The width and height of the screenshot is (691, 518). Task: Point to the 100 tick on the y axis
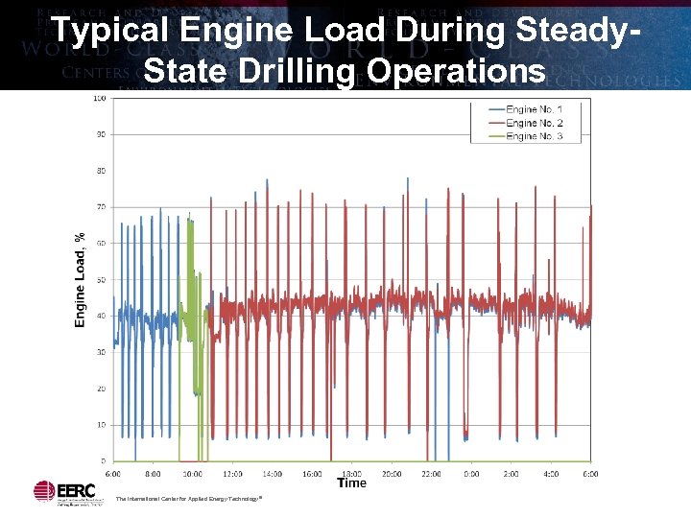coord(100,99)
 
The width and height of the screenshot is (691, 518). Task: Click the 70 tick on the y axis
coord(101,207)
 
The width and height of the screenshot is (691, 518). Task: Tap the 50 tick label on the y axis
coord(101,280)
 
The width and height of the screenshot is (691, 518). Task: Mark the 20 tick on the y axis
coord(101,388)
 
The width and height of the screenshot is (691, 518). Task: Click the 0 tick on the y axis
coord(103,461)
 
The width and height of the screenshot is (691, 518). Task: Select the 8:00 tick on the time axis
coord(153,474)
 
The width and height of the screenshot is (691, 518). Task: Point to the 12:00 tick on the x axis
coord(232,474)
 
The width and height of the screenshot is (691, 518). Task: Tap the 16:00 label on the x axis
coord(312,474)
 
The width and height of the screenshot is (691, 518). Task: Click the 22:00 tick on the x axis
coord(431,474)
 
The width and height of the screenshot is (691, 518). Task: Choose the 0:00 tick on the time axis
coord(471,474)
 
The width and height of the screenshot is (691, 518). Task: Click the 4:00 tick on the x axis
coord(551,474)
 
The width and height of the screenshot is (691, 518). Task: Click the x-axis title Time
coord(351,483)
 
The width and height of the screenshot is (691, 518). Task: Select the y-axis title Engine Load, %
coord(81,279)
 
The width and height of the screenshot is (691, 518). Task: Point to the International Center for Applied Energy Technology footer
coord(188,499)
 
